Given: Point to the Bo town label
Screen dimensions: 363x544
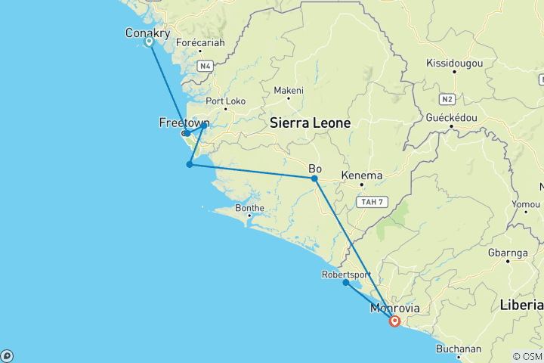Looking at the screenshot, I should pos(316,168).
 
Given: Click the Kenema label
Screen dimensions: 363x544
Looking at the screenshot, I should pos(361,175).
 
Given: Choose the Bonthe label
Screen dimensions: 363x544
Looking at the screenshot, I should pos(249,208).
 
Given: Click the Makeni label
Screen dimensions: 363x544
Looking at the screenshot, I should pos(288,91).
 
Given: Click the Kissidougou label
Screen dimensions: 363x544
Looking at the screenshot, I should pos(454,63).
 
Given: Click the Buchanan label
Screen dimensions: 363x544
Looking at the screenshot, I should pos(459,349).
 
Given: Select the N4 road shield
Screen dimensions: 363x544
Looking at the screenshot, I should pos(205,67).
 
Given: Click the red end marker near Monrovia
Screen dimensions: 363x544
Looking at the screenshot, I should pos(394,321).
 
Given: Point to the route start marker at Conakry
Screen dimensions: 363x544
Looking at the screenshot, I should pos(150,42).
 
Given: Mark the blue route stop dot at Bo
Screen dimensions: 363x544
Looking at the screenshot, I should pos(314,178).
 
